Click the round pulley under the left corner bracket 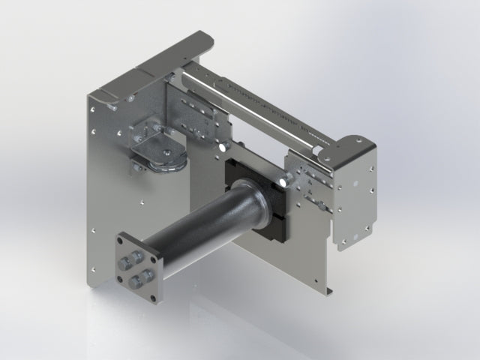166,157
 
